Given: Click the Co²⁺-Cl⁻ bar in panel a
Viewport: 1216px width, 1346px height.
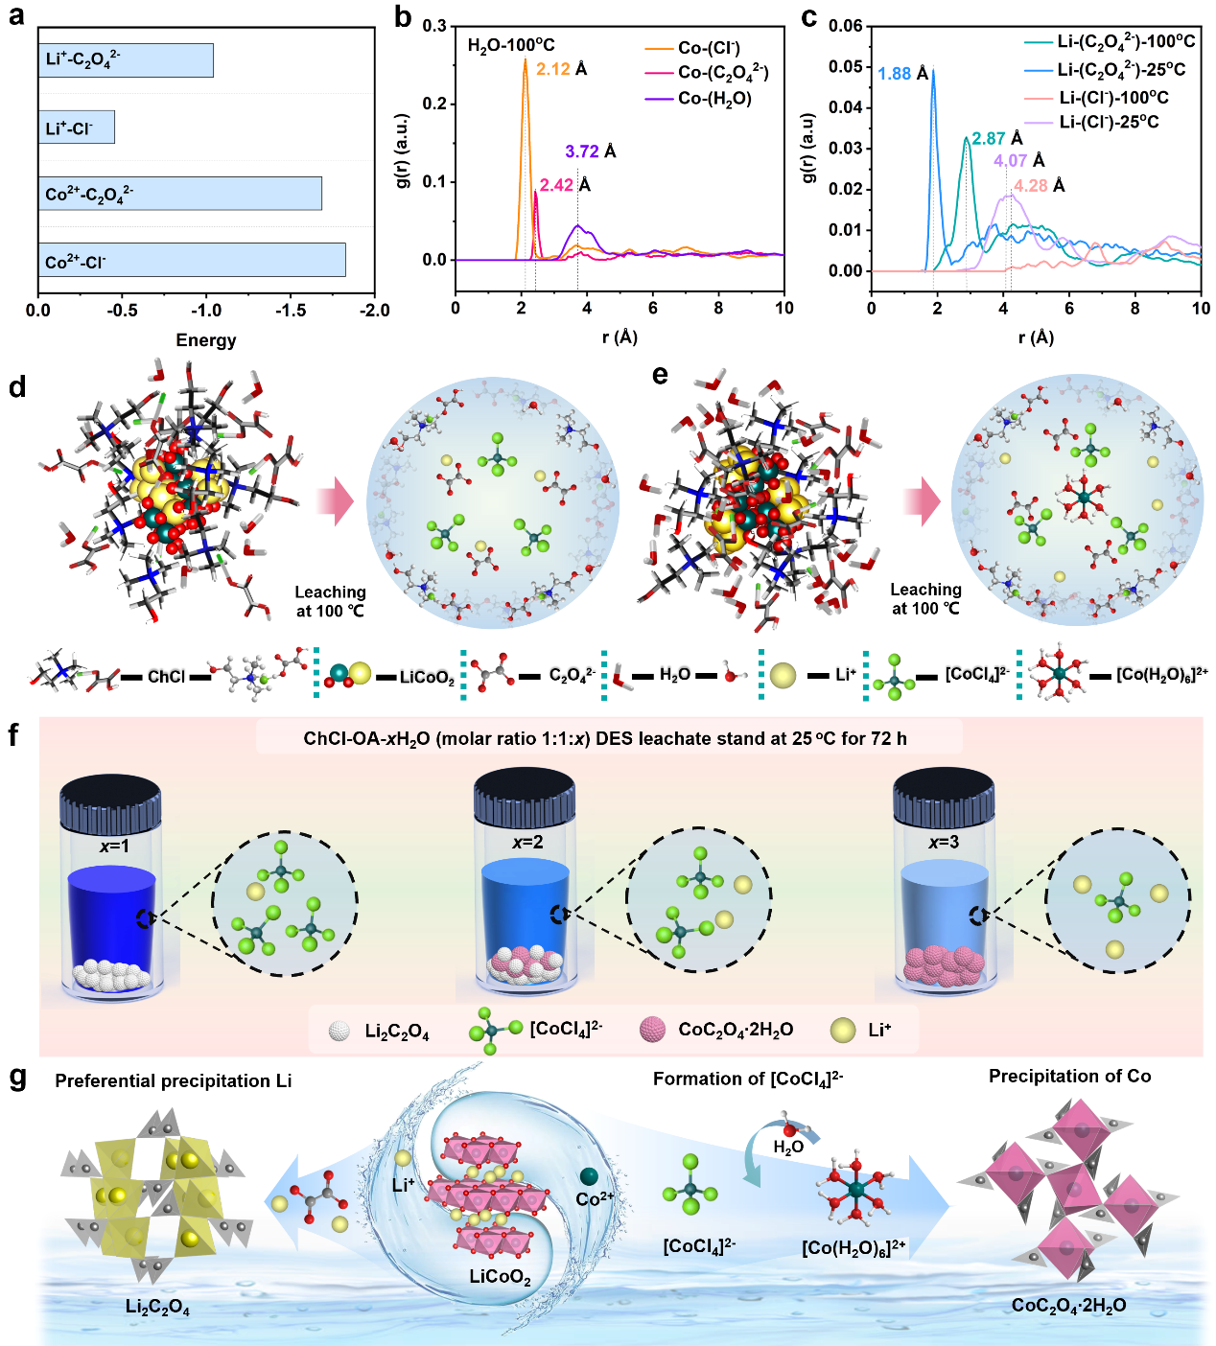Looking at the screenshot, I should (192, 260).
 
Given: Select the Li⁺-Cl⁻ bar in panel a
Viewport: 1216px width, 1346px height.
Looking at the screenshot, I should (77, 128).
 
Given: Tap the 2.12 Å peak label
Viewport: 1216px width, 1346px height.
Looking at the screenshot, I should (561, 69).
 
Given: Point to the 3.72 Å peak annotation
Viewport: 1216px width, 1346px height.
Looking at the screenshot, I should (590, 151).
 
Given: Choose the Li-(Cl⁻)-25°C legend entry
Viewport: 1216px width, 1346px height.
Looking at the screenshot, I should (1109, 122).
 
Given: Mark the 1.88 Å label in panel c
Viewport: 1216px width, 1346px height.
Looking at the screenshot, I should (902, 74).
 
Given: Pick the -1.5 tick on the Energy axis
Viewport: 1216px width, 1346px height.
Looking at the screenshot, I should (291, 311).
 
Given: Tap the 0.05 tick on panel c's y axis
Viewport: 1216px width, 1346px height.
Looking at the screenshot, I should (846, 66).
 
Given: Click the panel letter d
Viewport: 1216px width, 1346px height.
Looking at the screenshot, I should (16, 387).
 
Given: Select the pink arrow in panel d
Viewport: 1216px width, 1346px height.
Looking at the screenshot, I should (336, 502).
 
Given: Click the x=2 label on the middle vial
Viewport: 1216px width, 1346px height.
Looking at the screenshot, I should (527, 842).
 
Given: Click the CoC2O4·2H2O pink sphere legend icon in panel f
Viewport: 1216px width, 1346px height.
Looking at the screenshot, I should (652, 1030).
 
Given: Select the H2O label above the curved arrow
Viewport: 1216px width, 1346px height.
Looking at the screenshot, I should (788, 1147).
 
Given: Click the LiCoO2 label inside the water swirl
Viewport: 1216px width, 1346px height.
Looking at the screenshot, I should (500, 1276).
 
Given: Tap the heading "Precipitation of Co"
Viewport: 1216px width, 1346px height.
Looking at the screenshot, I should (1069, 1077).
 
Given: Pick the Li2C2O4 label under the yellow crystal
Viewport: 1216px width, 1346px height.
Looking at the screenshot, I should (157, 1307).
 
